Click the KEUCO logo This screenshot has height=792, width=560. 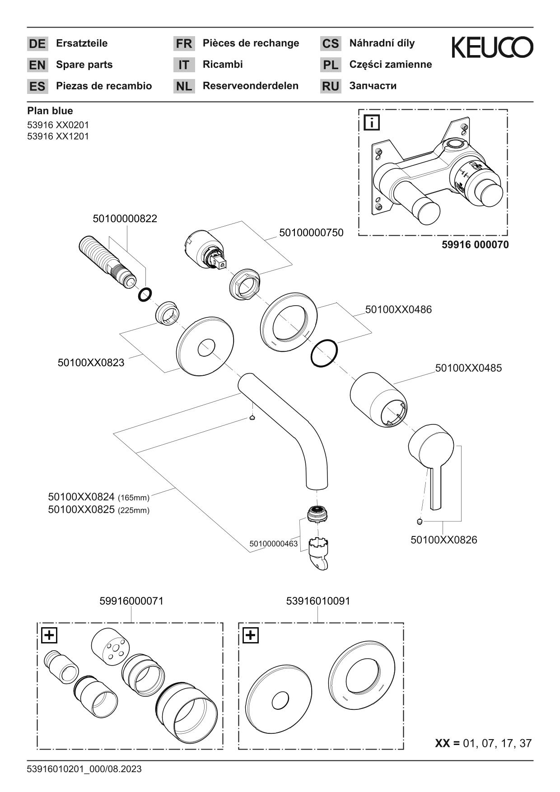[492, 48]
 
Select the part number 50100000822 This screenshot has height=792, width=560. [125, 219]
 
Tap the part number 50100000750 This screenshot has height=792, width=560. [311, 233]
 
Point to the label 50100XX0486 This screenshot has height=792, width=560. [398, 310]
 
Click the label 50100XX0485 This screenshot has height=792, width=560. [468, 368]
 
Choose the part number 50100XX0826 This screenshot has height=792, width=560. [443, 540]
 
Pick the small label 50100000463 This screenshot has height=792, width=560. [273, 544]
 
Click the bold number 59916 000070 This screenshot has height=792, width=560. [475, 245]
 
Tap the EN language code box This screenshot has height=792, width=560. [37, 65]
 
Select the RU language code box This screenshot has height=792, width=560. [331, 86]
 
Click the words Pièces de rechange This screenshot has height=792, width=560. [251, 43]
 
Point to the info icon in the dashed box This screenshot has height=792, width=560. [372, 123]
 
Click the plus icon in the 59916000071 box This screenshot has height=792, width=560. [49, 635]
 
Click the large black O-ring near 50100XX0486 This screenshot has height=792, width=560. [324, 353]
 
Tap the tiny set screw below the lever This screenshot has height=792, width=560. [420, 522]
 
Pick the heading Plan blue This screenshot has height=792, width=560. [50, 111]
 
